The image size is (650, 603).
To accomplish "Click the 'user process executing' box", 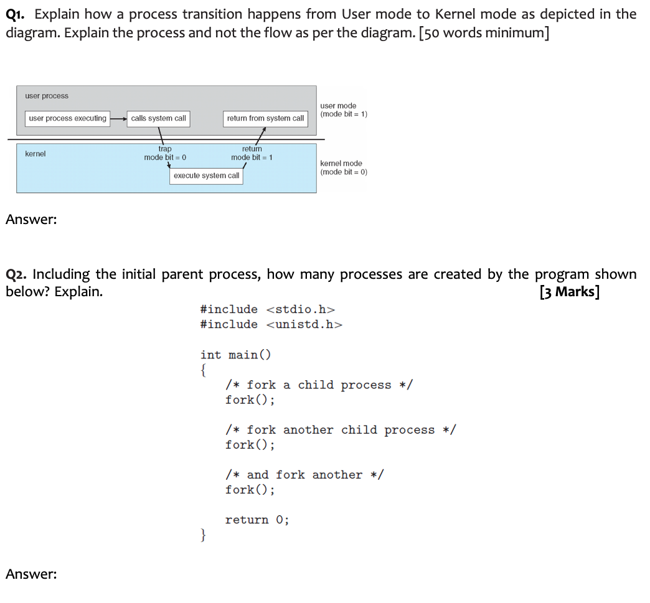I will (x=67, y=118).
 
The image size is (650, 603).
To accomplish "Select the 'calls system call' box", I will (x=158, y=118).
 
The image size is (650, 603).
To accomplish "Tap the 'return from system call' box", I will (x=265, y=118).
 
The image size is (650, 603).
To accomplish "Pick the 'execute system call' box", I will (x=206, y=176).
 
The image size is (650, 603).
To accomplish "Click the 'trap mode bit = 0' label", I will (x=165, y=153).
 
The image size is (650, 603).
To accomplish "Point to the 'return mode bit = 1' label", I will (x=252, y=153).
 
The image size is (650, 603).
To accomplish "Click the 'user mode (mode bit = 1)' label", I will (x=343, y=110).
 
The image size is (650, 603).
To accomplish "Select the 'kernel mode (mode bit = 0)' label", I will (x=343, y=167).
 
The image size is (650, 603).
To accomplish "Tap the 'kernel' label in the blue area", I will (x=35, y=154).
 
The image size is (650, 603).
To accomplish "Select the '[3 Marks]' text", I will (x=569, y=292).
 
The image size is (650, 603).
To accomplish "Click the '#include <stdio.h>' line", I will (x=268, y=309).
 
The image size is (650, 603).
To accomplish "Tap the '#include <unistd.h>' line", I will (x=271, y=324).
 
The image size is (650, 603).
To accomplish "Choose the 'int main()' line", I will (x=236, y=355).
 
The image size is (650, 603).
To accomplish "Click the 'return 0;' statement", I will (x=257, y=520).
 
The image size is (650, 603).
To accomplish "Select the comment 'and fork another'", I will (x=304, y=475).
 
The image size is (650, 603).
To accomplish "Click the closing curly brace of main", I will (x=203, y=535).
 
